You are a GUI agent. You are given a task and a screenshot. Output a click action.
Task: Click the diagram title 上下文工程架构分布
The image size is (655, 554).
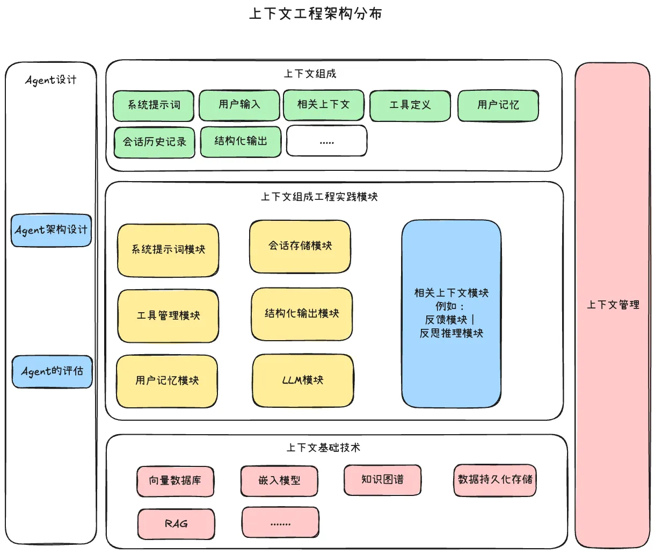click(316, 13)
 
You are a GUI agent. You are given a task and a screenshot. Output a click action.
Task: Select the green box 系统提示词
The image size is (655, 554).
click(154, 106)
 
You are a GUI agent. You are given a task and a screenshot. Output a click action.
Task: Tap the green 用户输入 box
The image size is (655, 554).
click(239, 105)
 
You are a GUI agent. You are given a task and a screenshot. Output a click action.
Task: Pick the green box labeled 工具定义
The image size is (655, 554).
click(410, 106)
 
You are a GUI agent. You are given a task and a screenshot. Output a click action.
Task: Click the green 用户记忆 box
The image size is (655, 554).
click(498, 106)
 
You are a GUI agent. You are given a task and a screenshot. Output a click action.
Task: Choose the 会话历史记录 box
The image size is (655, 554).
click(155, 142)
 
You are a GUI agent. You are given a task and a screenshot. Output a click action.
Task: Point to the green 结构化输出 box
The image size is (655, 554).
click(241, 142)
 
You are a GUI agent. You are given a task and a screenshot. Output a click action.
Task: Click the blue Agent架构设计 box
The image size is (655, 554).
click(52, 231)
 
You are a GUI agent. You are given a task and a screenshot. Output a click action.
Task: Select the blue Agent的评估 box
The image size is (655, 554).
click(53, 372)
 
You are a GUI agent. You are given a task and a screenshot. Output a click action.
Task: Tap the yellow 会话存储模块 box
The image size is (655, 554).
click(300, 247)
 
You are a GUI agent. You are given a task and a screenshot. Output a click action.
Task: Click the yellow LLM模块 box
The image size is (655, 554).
click(303, 380)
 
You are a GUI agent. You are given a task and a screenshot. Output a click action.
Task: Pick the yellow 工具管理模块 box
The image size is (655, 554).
click(168, 316)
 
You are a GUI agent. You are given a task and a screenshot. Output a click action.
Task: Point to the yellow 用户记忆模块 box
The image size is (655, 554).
click(167, 381)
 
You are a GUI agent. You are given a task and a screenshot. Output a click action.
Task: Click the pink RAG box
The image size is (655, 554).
click(176, 524)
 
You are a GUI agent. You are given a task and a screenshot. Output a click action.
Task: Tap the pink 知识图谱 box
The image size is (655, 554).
click(382, 480)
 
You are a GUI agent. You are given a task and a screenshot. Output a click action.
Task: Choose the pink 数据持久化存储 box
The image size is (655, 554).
click(495, 480)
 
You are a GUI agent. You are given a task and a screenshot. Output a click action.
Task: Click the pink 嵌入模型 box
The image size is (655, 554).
click(279, 481)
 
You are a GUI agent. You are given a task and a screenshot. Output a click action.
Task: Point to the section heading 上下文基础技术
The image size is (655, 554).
click(323, 448)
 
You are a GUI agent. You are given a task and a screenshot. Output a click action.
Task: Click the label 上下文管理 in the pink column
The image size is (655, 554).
click(613, 305)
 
